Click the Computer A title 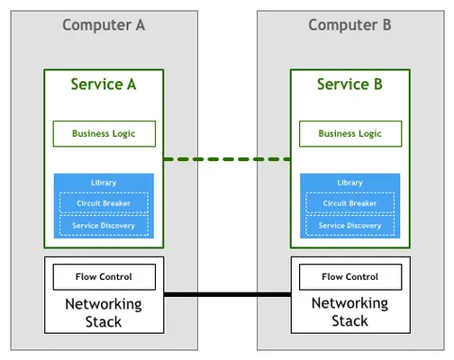104,25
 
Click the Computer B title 350,25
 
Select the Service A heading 104,85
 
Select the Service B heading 350,85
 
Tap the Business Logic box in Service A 104,134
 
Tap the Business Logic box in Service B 350,134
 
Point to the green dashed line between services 227,159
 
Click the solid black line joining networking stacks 227,294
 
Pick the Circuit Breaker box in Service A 104,202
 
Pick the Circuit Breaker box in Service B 350,202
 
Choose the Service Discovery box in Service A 104,225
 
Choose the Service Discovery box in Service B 350,225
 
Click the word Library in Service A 104,183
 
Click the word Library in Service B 350,183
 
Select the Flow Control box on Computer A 104,277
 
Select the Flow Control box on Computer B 350,277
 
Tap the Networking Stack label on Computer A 104,313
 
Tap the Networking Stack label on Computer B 350,312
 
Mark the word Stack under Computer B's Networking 350,320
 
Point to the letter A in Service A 132,85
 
